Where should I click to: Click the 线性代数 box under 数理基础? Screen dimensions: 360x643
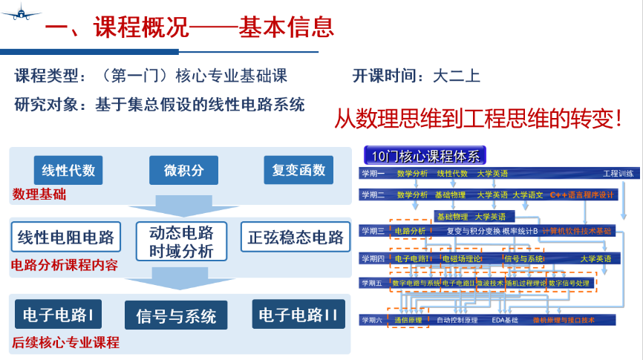68,170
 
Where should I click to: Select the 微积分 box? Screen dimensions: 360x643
183,170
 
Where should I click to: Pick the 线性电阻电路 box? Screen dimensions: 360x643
66,238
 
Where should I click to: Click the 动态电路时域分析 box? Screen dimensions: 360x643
181,240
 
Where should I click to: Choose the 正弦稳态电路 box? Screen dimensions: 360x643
296,238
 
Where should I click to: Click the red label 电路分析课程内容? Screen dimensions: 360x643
64,265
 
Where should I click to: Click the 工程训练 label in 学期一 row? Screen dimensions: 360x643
618,174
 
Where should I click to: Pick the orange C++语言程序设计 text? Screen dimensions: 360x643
583,195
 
